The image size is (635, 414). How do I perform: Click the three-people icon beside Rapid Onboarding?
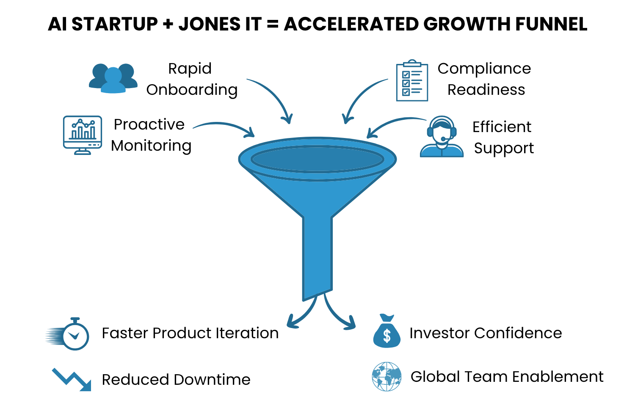[113, 78]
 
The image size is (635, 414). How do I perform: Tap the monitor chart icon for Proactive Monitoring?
[83, 135]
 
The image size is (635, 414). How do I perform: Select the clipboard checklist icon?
[412, 80]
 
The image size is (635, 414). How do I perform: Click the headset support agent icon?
[442, 137]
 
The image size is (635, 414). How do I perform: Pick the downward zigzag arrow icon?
[72, 379]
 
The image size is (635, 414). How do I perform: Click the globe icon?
[387, 376]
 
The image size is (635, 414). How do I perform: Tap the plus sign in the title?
[168, 25]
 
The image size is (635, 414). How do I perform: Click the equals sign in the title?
[273, 25]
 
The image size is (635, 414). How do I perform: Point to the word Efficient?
[502, 127]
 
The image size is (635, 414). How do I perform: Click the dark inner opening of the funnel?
[317, 160]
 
